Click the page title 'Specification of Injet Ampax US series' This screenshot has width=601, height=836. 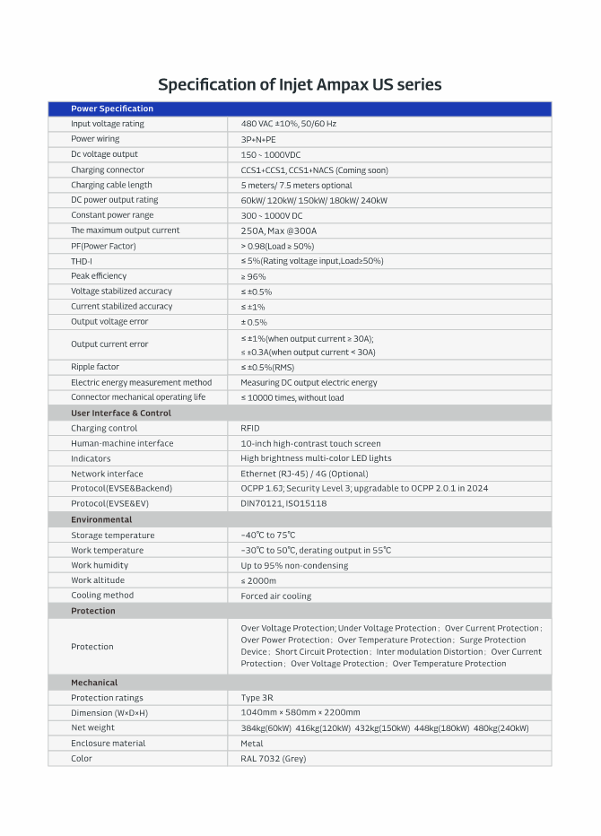tap(300, 84)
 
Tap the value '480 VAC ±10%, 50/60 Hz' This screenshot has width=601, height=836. tap(288, 124)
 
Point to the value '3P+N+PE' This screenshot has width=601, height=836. tap(258, 139)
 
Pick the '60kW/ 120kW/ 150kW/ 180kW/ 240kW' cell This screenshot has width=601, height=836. tap(314, 200)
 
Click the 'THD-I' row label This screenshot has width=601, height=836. tap(82, 261)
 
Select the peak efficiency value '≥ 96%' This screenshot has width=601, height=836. tap(253, 276)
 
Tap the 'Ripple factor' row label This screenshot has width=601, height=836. tap(95, 367)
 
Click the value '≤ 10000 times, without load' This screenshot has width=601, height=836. tap(292, 397)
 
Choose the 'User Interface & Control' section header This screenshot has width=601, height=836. tap(121, 413)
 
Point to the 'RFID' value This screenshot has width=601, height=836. tap(250, 428)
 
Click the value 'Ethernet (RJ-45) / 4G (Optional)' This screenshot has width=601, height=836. tap(304, 474)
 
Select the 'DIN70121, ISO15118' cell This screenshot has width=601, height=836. tap(283, 504)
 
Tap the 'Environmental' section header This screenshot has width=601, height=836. tap(101, 519)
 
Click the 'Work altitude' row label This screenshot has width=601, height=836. tap(99, 580)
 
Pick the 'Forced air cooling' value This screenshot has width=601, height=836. tap(276, 596)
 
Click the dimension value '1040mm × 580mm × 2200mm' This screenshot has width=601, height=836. tap(300, 713)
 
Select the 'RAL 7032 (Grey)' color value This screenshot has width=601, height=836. tap(274, 759)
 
